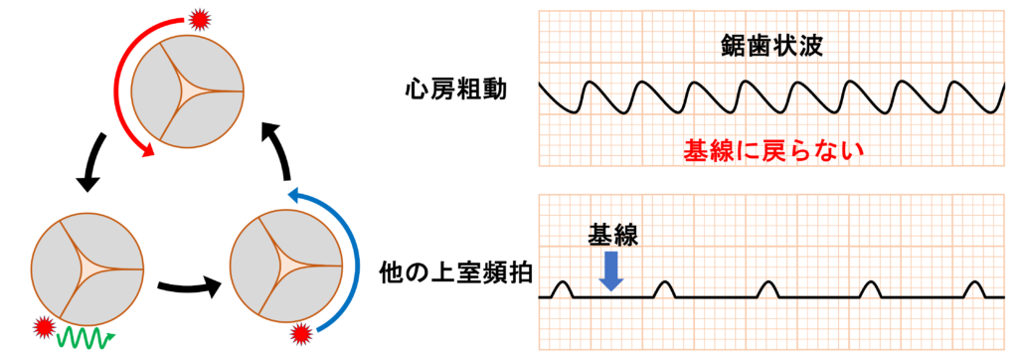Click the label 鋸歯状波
771,45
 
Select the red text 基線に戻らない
771,151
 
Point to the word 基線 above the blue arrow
611,236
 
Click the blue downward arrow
611,270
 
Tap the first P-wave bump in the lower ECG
562,288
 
